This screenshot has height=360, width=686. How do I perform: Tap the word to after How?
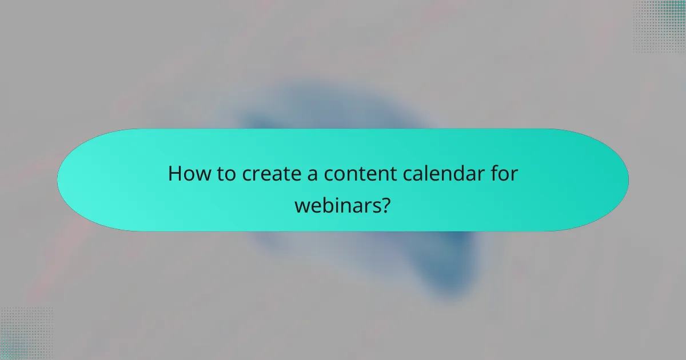click(x=225, y=174)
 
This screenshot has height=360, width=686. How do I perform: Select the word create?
click(x=266, y=174)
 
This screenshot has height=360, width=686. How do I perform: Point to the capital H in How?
click(x=174, y=174)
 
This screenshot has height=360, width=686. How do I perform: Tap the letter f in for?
click(x=494, y=174)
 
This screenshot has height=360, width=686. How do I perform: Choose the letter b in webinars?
click(x=325, y=203)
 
